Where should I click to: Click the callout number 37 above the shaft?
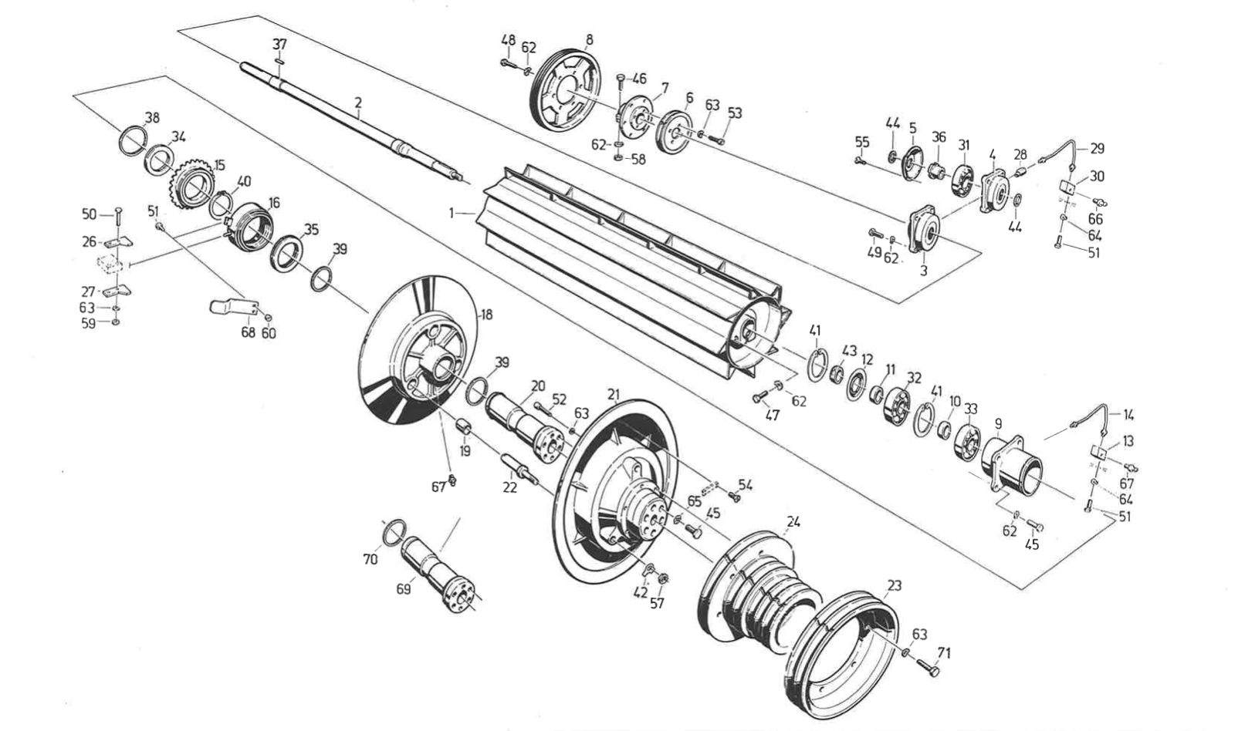279,45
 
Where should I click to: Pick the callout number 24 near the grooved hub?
793,522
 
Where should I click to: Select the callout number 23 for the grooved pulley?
894,586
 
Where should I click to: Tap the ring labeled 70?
394,531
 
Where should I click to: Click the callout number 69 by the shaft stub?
403,589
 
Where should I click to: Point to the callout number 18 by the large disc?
486,315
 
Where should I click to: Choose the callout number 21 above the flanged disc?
614,395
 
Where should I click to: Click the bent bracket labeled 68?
232,306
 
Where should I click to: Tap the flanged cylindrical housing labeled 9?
1013,467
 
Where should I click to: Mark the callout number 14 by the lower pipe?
1128,415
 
